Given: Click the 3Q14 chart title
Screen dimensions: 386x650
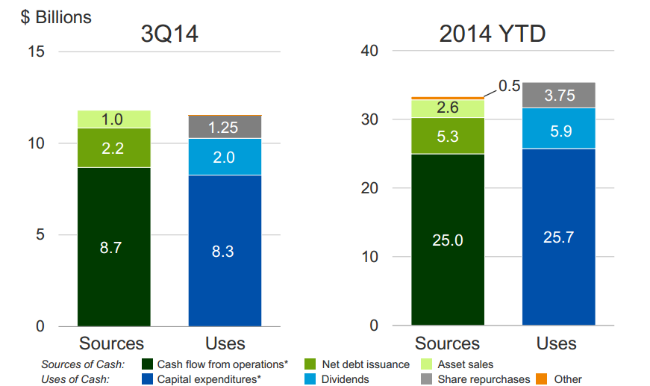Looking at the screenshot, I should tap(169, 34).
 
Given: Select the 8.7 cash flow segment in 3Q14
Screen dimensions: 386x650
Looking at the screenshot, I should tap(113, 247).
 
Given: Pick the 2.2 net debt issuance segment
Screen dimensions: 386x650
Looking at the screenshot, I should tap(113, 148).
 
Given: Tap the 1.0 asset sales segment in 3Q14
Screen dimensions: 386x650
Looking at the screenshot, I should tap(113, 119).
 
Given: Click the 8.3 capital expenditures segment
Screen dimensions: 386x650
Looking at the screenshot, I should tap(225, 251).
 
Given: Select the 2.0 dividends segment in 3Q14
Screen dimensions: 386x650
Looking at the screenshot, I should tap(225, 157).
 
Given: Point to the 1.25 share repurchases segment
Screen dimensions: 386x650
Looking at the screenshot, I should tap(225, 128).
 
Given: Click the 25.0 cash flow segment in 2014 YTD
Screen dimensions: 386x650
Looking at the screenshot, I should tap(448, 240).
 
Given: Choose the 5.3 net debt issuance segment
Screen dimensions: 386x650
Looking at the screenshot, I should tap(448, 136).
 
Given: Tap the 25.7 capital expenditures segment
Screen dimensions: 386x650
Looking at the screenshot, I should tap(558, 237).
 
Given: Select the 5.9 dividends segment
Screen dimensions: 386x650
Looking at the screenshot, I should tap(558, 128).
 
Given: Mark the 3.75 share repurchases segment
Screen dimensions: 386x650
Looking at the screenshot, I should tap(558, 95).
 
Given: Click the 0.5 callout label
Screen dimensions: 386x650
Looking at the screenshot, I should tap(510, 86).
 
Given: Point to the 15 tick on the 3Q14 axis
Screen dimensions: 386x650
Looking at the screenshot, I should tap(37, 52).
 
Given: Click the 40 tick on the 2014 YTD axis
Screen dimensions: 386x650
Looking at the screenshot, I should tap(371, 52).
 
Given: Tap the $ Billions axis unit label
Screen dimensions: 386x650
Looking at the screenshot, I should tap(56, 17).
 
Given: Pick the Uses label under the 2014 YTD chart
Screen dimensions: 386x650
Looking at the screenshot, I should tap(557, 343).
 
